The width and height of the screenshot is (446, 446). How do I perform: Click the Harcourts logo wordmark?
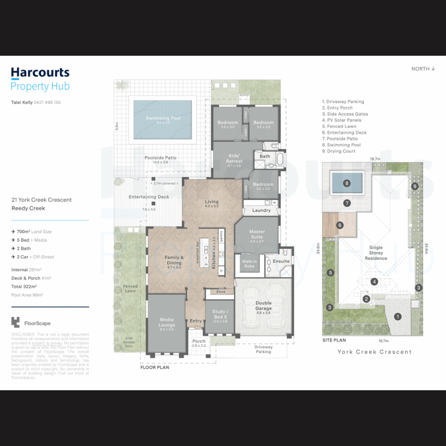[x=40, y=73]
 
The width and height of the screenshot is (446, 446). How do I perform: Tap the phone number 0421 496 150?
[x=47, y=102]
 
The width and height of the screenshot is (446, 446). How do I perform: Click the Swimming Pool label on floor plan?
[x=163, y=119]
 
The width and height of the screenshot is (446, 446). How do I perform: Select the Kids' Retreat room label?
[x=234, y=159]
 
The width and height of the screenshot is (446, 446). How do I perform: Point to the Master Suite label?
[x=257, y=234]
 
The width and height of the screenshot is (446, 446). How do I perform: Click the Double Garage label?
[x=263, y=306]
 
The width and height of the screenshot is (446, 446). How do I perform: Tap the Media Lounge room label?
[x=166, y=322]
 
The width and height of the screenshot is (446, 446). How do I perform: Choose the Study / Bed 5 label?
[x=219, y=314]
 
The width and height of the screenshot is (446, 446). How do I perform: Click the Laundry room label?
[x=261, y=210]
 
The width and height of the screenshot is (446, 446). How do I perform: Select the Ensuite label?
[x=281, y=261]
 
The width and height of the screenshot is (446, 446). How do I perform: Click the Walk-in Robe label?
[x=249, y=263]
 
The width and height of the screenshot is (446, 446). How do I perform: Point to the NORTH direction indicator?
[x=423, y=69]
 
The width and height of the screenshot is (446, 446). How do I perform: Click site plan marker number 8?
[x=347, y=183]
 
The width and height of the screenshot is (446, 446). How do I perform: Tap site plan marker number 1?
[x=398, y=317]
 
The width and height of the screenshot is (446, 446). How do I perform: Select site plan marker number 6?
[x=340, y=225]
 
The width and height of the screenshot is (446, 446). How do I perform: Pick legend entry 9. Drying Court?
[x=341, y=151]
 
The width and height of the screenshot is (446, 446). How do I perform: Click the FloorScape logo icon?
[x=16, y=323]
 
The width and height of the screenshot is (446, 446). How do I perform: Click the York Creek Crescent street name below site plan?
[x=375, y=352]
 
